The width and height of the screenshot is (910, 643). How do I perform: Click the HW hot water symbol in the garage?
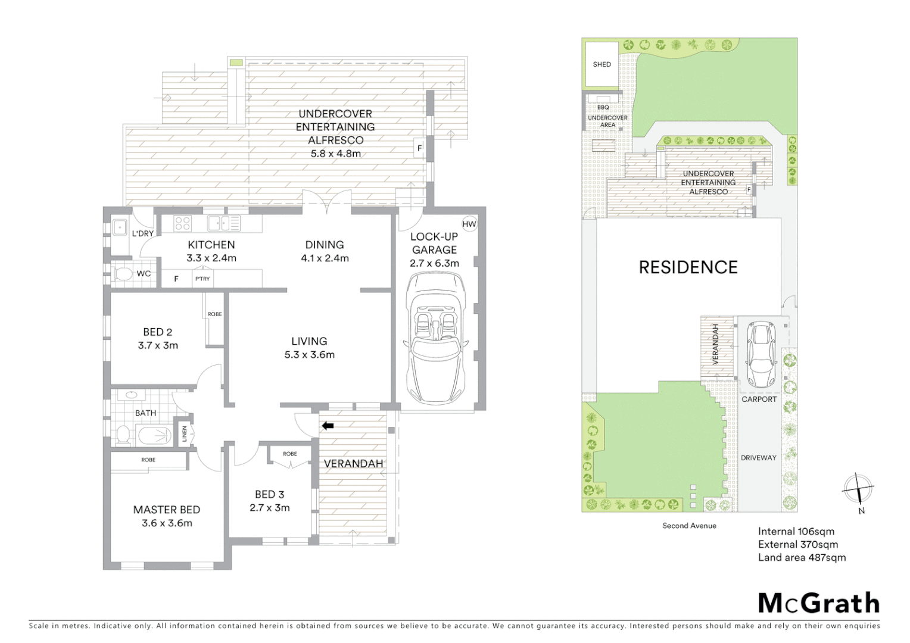[469, 224]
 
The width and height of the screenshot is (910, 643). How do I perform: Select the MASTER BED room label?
[166, 510]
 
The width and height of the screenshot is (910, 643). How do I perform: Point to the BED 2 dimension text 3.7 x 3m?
[158, 345]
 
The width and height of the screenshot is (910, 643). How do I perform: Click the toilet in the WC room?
[123, 274]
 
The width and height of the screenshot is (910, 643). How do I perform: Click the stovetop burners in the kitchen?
[182, 223]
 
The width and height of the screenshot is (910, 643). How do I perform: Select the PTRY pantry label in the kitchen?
[202, 279]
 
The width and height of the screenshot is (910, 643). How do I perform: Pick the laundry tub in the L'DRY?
[120, 227]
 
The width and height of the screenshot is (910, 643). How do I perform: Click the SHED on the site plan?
[602, 64]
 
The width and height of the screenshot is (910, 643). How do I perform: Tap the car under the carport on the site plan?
[761, 354]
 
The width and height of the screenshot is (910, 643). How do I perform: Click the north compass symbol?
[858, 490]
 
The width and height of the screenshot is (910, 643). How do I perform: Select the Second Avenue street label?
[689, 526]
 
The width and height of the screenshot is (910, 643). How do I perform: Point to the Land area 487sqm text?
[802, 558]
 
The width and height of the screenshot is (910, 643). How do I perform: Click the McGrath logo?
[818, 603]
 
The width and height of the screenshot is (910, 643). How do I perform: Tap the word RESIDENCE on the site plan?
[688, 267]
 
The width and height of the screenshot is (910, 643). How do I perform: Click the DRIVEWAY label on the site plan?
[758, 458]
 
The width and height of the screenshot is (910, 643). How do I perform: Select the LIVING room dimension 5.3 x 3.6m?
[309, 355]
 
